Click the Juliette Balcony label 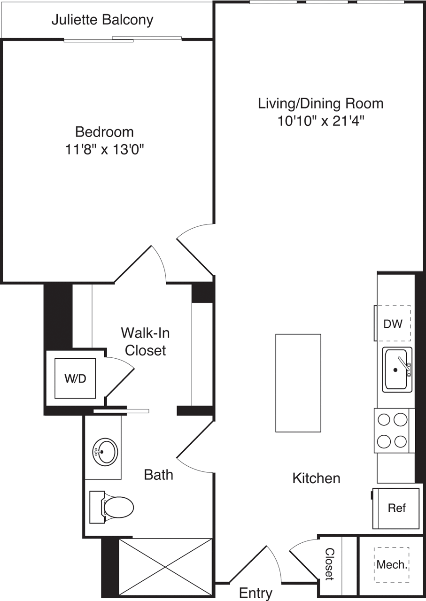[102, 20]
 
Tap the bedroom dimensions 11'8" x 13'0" [105, 149]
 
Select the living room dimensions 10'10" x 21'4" [321, 121]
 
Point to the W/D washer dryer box [75, 378]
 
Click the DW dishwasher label [393, 324]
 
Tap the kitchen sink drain [395, 370]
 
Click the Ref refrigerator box [395, 508]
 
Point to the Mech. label [392, 565]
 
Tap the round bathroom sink [105, 452]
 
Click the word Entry [256, 593]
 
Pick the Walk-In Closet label [145, 341]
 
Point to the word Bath [158, 475]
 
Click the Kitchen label [316, 478]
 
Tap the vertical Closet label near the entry [330, 564]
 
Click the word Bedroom [104, 132]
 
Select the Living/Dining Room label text [321, 104]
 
